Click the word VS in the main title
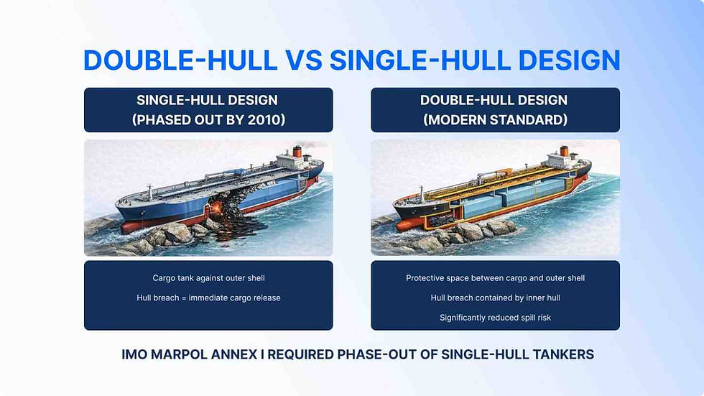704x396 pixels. tap(303, 60)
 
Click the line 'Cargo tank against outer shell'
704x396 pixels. tap(208, 278)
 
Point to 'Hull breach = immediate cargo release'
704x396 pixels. tap(208, 298)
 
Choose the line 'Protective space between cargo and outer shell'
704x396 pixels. tap(495, 278)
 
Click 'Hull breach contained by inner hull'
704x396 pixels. tap(495, 298)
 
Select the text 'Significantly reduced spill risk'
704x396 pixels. tap(495, 318)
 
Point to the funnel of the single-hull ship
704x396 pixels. tap(297, 152)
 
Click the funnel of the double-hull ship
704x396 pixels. tap(565, 152)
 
